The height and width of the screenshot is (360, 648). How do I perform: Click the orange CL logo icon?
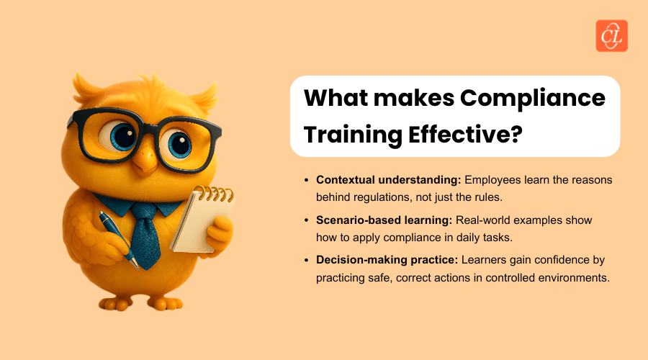(611, 35)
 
